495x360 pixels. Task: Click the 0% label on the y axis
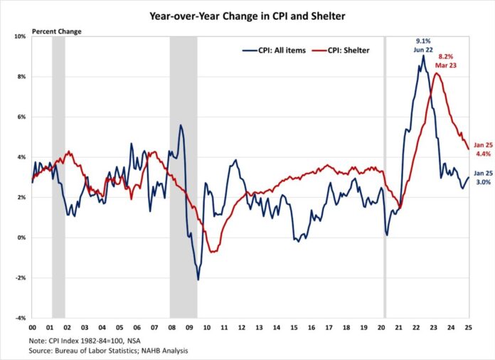click(x=21, y=238)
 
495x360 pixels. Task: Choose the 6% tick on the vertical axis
click(x=21, y=117)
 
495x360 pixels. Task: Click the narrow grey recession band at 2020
click(x=385, y=178)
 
